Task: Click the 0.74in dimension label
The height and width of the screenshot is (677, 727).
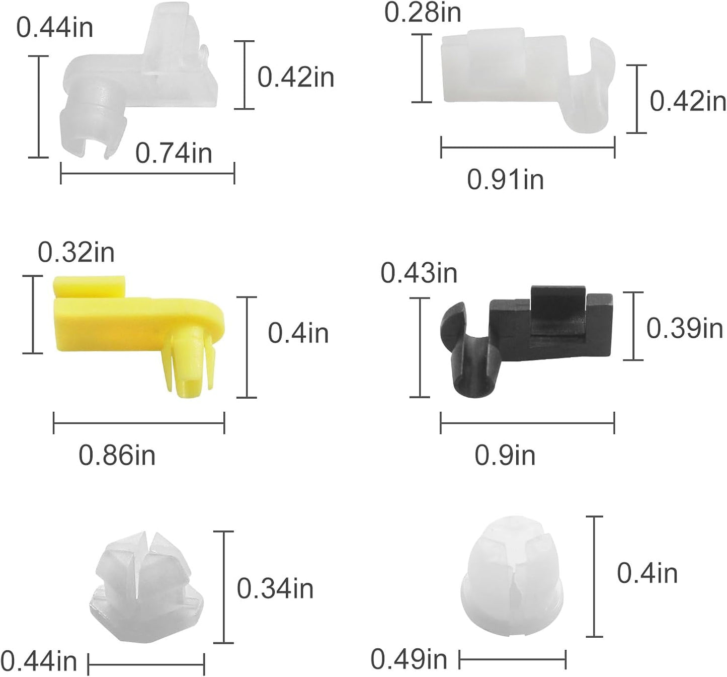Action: [174, 154]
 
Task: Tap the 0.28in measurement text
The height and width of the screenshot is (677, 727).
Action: [423, 13]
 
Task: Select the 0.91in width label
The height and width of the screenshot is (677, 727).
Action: [506, 180]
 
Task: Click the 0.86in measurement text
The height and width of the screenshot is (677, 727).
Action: [117, 456]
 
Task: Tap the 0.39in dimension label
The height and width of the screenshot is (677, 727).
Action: [685, 328]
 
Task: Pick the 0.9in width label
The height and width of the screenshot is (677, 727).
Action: [505, 456]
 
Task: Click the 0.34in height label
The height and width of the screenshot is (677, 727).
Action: [275, 589]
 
